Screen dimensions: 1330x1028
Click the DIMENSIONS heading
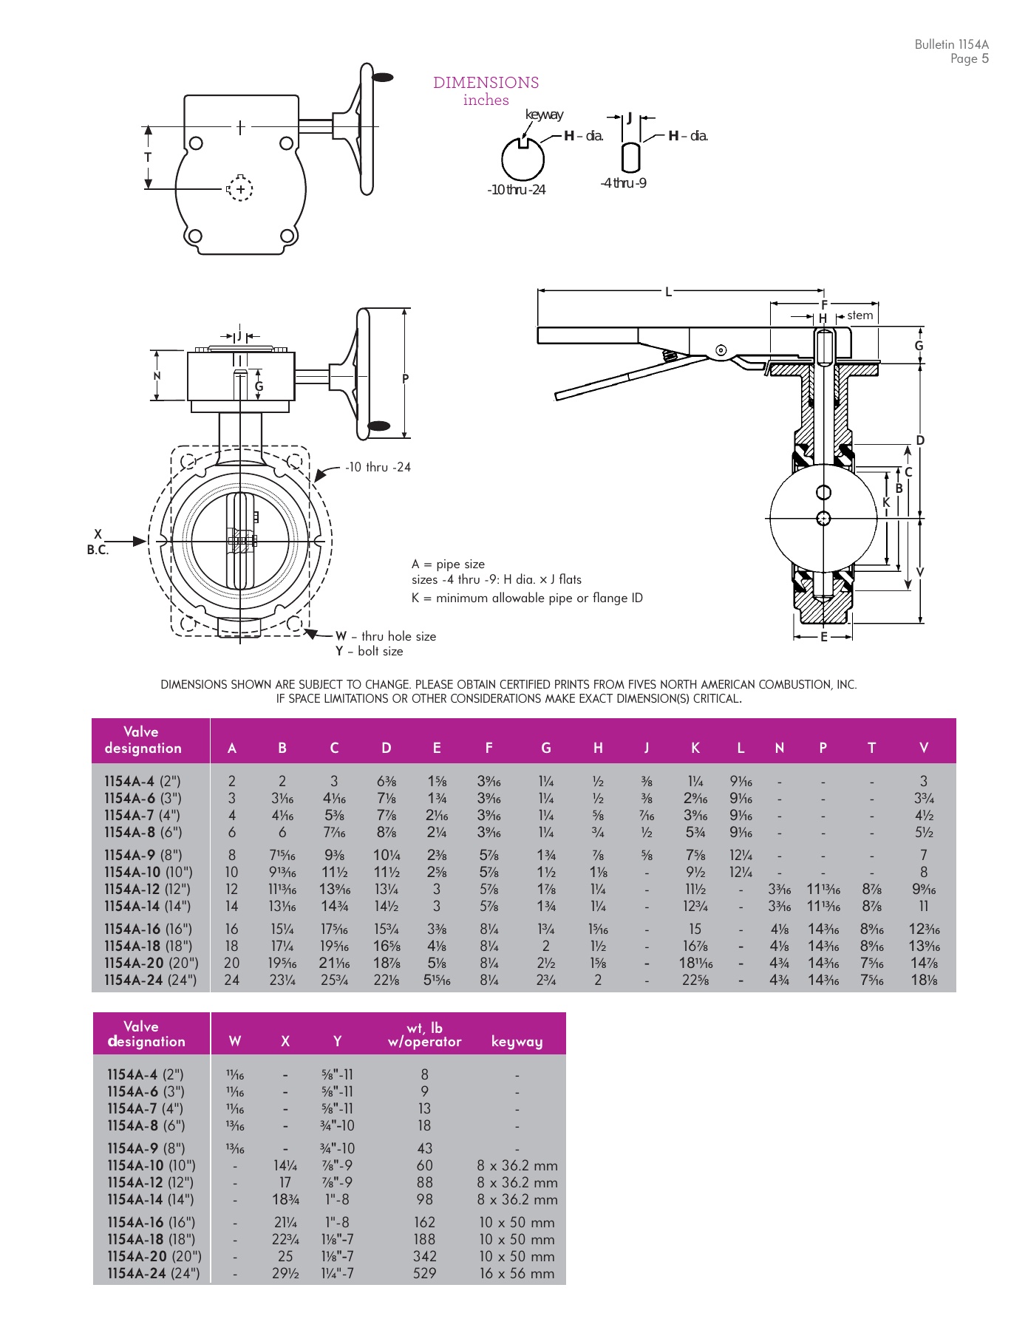tap(486, 83)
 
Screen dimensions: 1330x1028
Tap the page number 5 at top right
tap(984, 59)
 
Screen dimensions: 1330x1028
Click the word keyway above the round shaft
tap(544, 115)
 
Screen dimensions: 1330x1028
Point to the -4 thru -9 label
tap(623, 183)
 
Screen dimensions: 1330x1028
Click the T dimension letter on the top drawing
tap(148, 157)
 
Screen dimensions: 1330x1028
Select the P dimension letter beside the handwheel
tap(405, 379)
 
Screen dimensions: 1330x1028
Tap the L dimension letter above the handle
tap(669, 292)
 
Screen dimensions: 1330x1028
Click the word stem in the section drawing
tap(859, 316)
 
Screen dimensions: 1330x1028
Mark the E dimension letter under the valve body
tap(824, 637)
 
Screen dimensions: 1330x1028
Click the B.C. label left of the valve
tap(98, 550)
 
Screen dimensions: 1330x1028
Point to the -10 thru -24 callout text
tap(378, 467)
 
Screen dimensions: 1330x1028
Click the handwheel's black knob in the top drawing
tap(382, 77)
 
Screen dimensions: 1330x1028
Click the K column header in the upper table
tap(695, 748)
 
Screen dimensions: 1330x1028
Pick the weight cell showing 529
tap(424, 1273)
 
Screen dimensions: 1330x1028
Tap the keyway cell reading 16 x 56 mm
tap(517, 1273)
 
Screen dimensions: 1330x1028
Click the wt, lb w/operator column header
tap(424, 1034)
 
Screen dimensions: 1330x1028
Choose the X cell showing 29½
tap(285, 1273)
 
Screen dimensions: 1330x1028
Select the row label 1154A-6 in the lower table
tap(145, 1091)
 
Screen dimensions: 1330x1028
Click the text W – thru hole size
tap(385, 636)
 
